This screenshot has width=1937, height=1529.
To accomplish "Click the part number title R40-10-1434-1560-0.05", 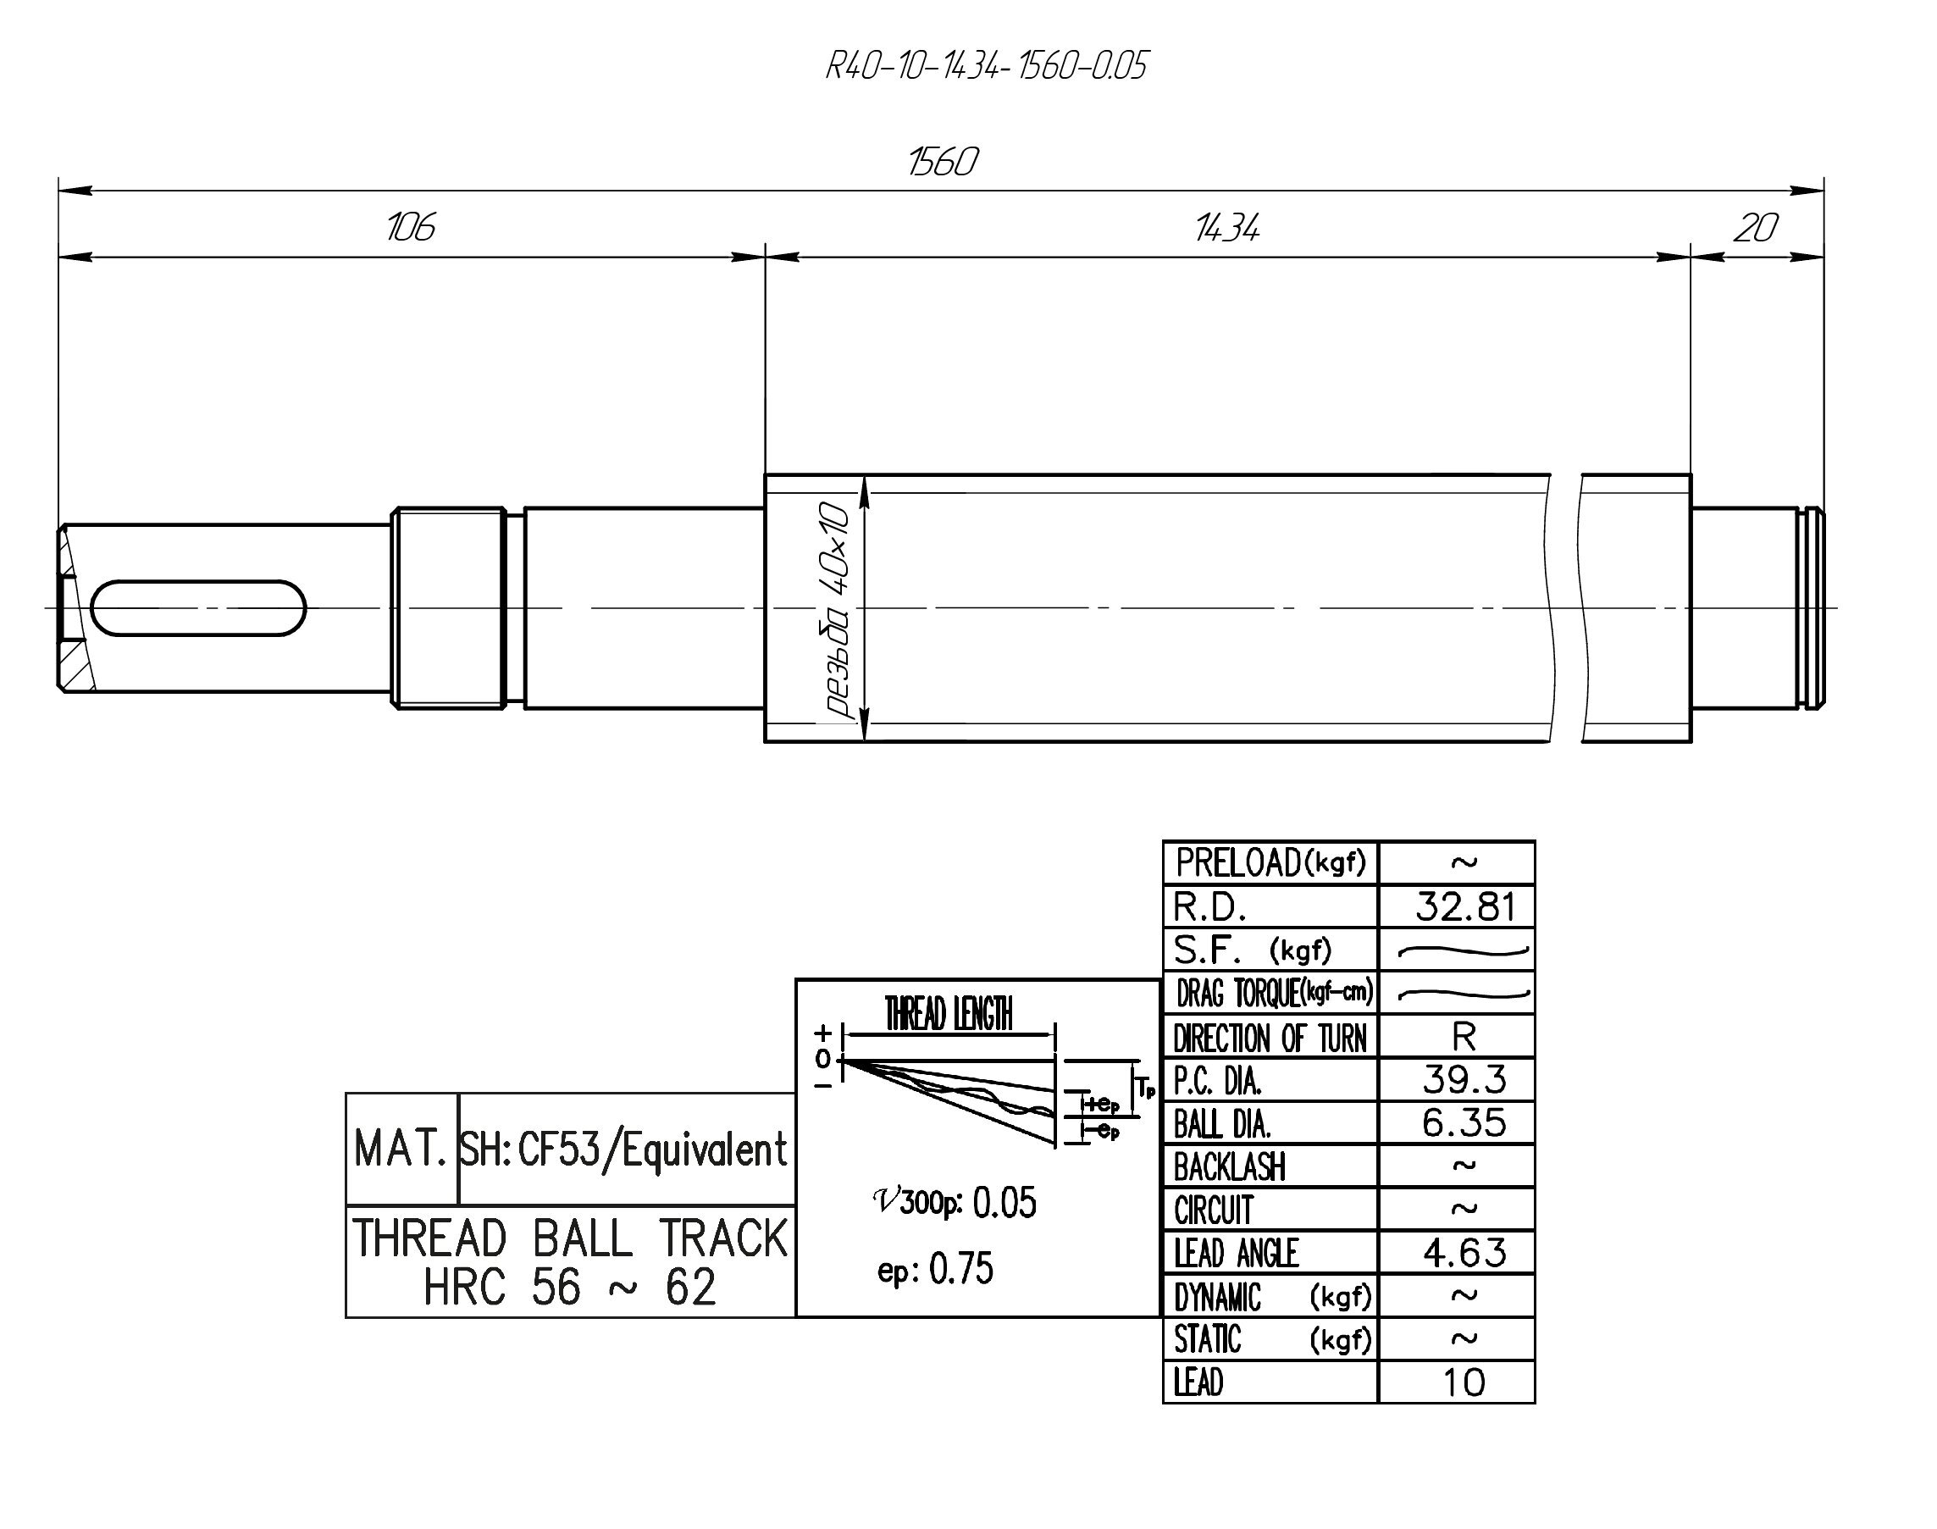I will click(x=986, y=66).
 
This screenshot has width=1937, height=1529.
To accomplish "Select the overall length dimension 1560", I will click(x=943, y=162).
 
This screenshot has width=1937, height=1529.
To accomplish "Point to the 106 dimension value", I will click(x=410, y=227).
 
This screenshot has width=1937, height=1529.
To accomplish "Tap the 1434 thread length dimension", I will click(x=1227, y=228).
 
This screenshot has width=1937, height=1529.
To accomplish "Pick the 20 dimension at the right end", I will click(x=1755, y=228).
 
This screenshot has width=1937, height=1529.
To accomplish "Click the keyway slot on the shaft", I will click(x=198, y=608).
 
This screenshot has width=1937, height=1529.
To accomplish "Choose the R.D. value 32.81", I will click(x=1464, y=907).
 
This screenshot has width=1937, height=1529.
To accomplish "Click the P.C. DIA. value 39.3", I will click(x=1464, y=1079).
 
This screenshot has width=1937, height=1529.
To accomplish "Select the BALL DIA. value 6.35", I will click(x=1464, y=1122).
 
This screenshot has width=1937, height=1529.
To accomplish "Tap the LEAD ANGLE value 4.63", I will click(x=1464, y=1252).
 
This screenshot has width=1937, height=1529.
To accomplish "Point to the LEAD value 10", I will click(x=1464, y=1383).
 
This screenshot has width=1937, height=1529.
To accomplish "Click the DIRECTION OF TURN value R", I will click(x=1464, y=1037).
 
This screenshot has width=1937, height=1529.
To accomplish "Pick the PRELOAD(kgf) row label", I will click(x=1270, y=863).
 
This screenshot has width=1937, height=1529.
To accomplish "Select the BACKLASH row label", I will click(x=1229, y=1166).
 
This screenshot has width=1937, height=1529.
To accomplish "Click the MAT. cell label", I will click(x=401, y=1149).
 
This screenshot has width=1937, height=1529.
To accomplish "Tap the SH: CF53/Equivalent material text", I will click(x=624, y=1150).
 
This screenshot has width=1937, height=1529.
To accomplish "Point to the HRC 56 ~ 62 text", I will click(x=569, y=1288).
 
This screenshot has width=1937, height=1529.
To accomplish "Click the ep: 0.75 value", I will click(x=935, y=1268).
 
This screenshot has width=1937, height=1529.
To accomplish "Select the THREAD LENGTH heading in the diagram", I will click(x=949, y=1014).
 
